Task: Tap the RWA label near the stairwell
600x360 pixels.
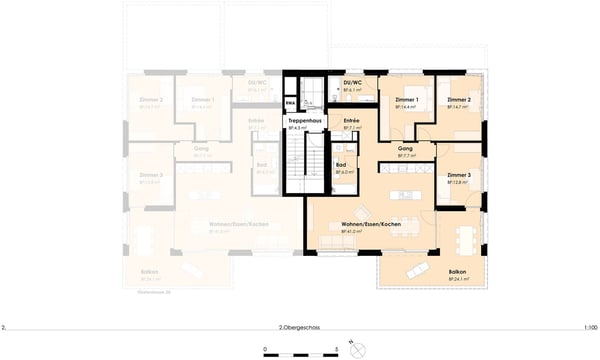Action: (290, 102)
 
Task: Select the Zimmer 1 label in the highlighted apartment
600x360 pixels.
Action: (405, 101)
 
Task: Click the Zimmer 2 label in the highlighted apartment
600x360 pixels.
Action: (459, 101)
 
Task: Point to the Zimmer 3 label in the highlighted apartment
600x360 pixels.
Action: (459, 175)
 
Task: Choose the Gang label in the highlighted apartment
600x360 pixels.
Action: (406, 149)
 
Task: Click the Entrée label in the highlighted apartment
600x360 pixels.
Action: (351, 120)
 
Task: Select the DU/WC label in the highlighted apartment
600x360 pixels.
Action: (352, 83)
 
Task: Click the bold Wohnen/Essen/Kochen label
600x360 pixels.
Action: (371, 224)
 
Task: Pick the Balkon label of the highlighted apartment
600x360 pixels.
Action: (457, 271)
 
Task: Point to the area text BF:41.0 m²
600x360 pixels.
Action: (371, 232)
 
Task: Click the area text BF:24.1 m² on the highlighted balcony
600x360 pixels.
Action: (457, 279)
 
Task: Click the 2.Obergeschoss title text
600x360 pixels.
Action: (300, 327)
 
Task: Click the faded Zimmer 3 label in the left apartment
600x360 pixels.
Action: (152, 175)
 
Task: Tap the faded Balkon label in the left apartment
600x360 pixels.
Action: (150, 271)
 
